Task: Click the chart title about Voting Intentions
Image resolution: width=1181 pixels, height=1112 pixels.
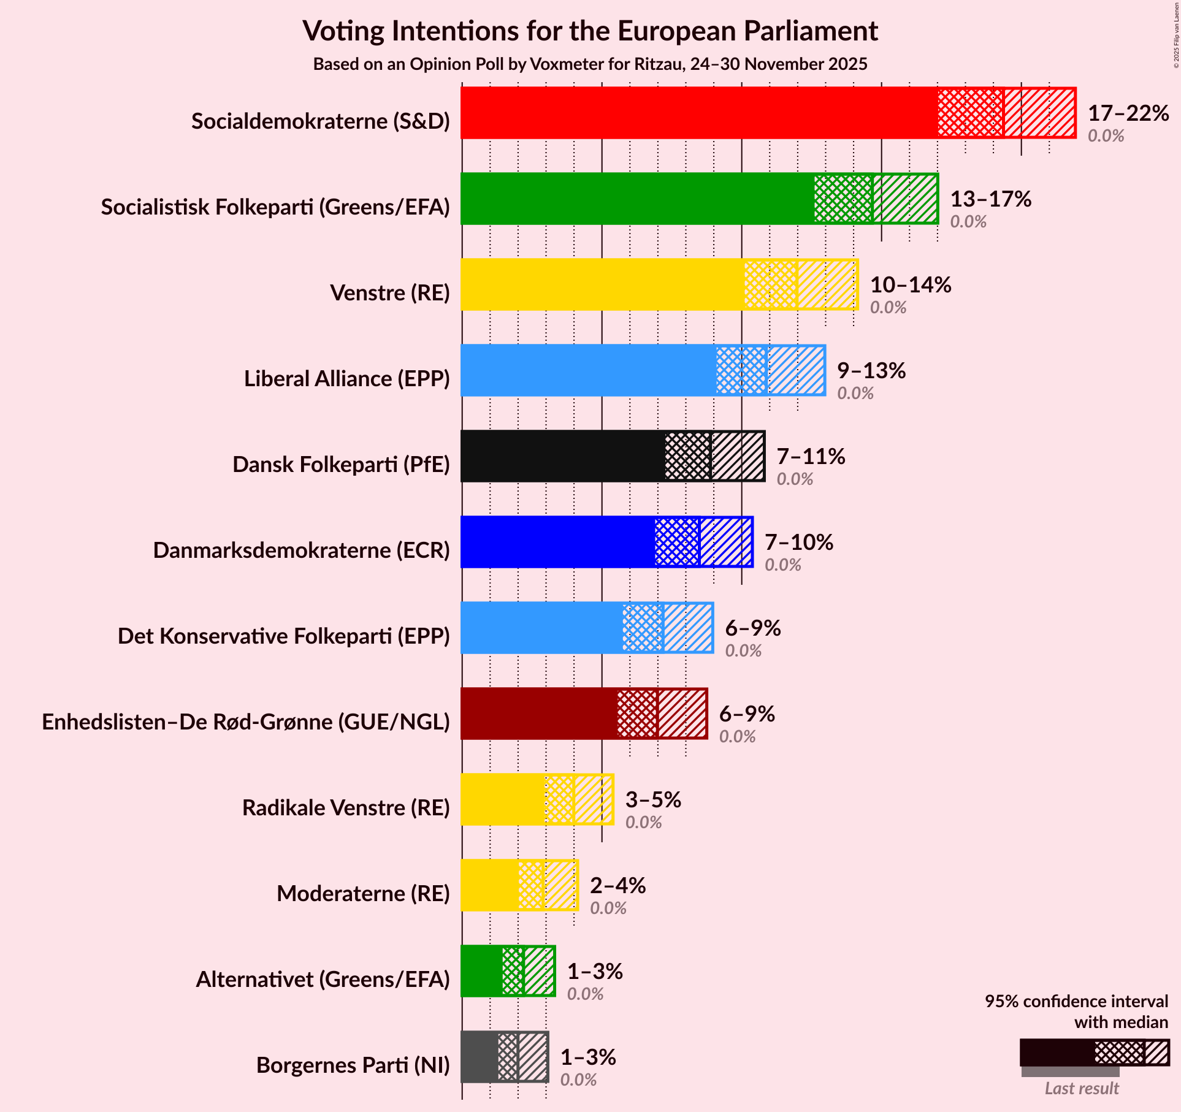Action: point(590,31)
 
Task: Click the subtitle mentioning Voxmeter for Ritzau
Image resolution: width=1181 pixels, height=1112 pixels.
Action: point(590,64)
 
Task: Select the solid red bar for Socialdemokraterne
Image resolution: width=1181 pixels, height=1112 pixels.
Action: point(699,113)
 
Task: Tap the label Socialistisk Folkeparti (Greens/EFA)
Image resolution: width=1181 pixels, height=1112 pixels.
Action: point(275,207)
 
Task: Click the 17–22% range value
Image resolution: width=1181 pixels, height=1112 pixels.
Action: point(1128,113)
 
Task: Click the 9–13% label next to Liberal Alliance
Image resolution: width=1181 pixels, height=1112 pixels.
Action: point(871,371)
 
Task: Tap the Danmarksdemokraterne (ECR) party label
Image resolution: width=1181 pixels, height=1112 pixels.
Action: point(301,550)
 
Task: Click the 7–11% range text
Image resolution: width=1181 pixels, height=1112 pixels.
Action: point(811,457)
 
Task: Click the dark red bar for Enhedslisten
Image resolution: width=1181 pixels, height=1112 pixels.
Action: point(539,714)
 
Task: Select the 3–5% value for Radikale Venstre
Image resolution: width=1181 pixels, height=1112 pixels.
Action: point(653,800)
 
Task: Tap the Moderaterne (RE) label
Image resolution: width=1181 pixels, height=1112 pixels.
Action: point(363,894)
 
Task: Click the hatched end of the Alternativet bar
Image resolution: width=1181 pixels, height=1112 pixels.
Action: point(540,971)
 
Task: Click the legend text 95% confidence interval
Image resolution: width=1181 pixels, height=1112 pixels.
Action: point(1076,1001)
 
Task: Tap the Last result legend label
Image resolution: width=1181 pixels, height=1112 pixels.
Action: point(1082,1088)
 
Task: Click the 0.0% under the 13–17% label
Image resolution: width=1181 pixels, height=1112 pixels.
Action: point(968,222)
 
